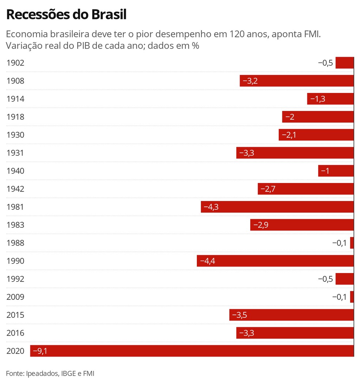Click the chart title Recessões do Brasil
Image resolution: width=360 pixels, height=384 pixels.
click(66, 15)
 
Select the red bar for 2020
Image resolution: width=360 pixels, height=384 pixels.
click(192, 351)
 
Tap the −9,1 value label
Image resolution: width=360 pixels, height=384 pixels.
click(40, 351)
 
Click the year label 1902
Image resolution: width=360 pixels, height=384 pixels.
click(15, 63)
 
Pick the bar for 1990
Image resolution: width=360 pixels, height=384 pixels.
click(275, 261)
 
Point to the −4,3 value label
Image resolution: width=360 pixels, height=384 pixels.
click(211, 207)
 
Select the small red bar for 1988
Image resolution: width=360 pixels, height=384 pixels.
click(352, 243)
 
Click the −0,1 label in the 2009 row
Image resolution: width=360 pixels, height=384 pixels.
click(339, 297)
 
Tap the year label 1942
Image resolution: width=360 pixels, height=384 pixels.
click(15, 189)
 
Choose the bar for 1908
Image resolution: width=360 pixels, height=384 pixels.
click(297, 81)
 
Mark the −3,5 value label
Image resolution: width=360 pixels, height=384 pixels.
click(240, 315)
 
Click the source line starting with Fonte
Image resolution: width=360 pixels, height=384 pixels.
click(50, 373)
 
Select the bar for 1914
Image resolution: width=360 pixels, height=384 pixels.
click(330, 99)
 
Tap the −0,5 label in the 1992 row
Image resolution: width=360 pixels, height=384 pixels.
click(325, 279)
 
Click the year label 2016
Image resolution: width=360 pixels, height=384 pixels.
click(15, 333)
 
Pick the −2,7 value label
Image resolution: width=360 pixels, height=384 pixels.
click(268, 189)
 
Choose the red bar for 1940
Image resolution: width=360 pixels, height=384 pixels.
click(336, 171)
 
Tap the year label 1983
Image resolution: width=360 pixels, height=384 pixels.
click(15, 225)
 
